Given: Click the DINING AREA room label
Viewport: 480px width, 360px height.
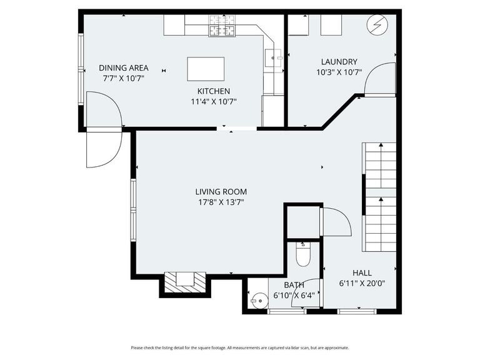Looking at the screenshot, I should [x=123, y=67].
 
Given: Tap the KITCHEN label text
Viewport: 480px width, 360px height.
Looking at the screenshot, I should [x=214, y=91].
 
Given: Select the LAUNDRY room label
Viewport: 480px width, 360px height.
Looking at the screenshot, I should [x=339, y=62].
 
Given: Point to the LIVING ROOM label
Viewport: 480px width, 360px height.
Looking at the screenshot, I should [x=221, y=192].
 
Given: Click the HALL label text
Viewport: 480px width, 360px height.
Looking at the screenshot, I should [x=362, y=272].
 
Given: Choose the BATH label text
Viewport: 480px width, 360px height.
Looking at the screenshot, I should [x=294, y=286].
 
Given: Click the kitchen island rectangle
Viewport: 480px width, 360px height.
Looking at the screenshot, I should [x=206, y=69].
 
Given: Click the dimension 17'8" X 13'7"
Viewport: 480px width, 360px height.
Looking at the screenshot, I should [x=221, y=202].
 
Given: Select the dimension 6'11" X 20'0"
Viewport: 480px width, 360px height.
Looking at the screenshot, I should [x=362, y=282].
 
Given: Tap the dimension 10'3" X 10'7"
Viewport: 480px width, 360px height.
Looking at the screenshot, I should [x=339, y=72].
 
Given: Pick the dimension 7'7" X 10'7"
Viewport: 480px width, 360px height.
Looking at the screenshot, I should [x=123, y=78].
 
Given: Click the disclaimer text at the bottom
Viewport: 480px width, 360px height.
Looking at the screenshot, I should [x=239, y=347].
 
